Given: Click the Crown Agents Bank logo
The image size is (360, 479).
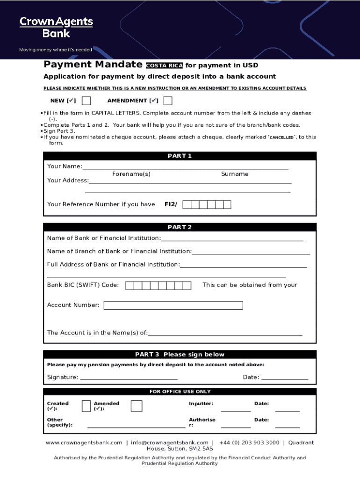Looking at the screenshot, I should [x=56, y=27].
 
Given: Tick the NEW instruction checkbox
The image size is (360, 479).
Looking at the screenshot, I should [x=86, y=101].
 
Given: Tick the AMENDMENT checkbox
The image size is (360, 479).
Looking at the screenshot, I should [x=168, y=101].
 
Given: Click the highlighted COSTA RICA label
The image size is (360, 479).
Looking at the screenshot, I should [x=164, y=65].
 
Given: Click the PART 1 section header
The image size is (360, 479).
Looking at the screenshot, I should [x=180, y=156].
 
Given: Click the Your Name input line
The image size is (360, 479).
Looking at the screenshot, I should [x=185, y=167].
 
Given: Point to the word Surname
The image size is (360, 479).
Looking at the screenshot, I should [x=235, y=174].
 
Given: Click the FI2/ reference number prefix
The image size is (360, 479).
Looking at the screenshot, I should [x=171, y=204].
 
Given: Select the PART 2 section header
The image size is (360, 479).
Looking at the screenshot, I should [x=180, y=227].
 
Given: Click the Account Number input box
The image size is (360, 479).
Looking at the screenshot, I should [x=173, y=305].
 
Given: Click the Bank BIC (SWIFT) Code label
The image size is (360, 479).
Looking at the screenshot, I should [x=83, y=285].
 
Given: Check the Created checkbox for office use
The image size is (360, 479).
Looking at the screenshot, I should [x=86, y=406].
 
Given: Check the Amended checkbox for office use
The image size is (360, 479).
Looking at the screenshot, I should [x=137, y=406].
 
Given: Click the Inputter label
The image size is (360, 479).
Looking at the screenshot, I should [x=201, y=404].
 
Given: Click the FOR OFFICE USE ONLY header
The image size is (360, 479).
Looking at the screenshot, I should [x=180, y=392].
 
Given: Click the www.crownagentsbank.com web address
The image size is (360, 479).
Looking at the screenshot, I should [x=84, y=443].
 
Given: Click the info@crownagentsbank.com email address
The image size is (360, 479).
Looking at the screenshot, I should [x=170, y=443].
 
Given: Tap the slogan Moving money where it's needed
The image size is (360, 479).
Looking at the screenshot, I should [x=55, y=50].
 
